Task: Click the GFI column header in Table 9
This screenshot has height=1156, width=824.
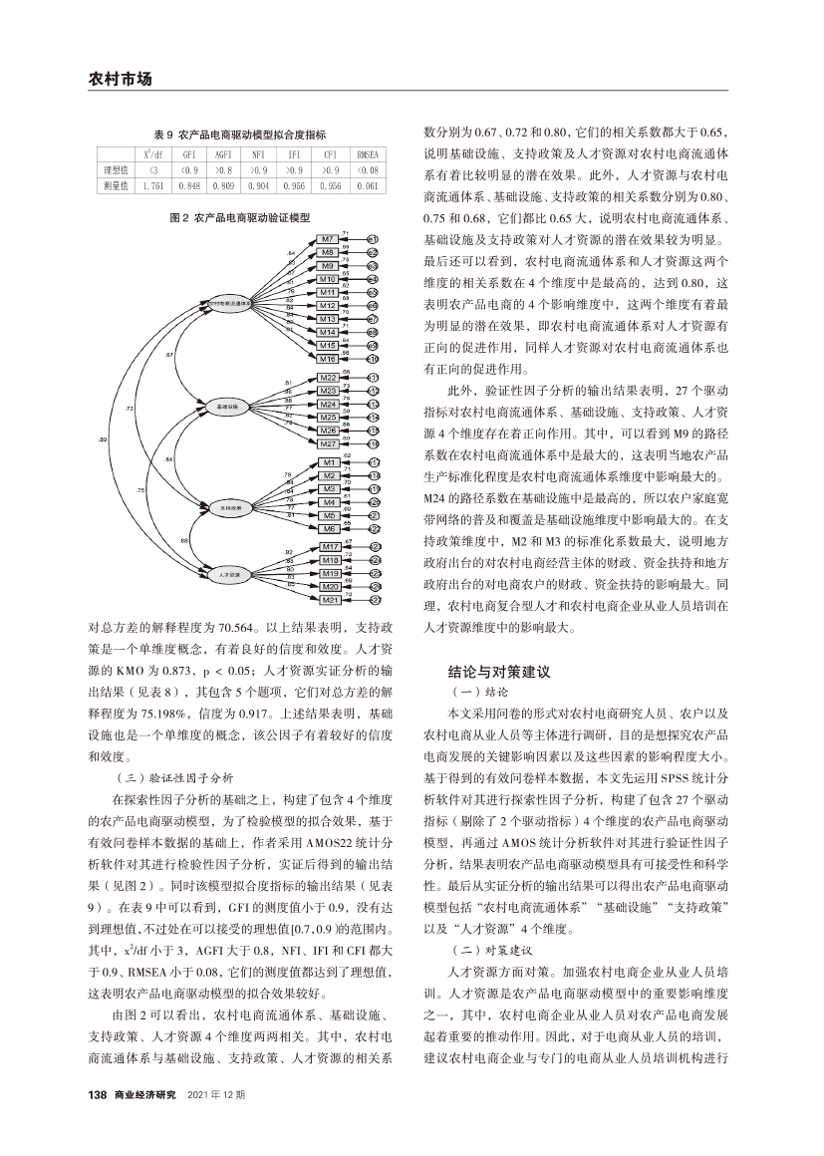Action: coord(188,155)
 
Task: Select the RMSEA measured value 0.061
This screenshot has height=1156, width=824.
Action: coord(367,185)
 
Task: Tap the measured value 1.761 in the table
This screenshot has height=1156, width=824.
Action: coord(152,185)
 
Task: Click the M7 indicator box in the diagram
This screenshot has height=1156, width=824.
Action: coord(327,240)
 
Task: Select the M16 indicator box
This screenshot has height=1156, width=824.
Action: coord(327,358)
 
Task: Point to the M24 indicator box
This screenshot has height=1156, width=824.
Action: coord(327,405)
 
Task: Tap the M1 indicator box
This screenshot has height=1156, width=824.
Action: coord(327,463)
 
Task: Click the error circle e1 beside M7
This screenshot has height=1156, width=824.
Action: coord(372,240)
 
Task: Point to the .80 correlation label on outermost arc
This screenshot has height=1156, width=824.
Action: coord(105,438)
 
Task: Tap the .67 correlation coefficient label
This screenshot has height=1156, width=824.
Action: coord(169,354)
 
